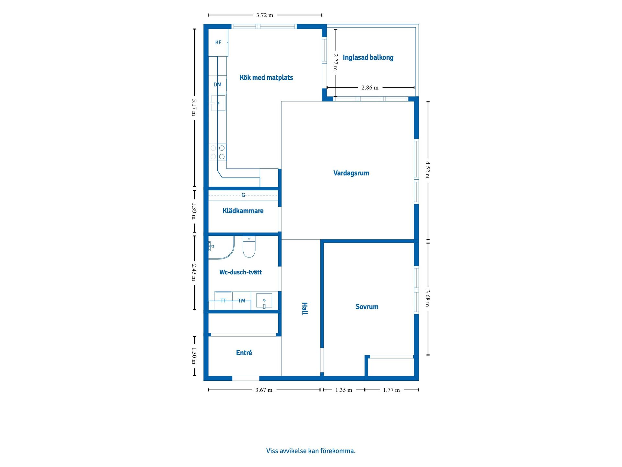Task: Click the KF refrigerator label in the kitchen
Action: coord(218,42)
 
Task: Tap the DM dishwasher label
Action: coord(217,85)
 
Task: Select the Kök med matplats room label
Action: coord(266,78)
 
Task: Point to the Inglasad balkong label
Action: coord(368,58)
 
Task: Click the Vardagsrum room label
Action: coord(351,173)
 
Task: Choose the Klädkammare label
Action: coord(243,211)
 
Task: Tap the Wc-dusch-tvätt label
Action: coord(240,272)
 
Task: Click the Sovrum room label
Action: coord(367,307)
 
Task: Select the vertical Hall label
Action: coord(305,308)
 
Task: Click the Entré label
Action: coord(244,353)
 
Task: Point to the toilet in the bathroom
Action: coord(249,247)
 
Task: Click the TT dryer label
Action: coord(223,301)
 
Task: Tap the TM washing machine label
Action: coord(242,301)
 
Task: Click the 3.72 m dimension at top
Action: coord(265,15)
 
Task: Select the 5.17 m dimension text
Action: coord(194,107)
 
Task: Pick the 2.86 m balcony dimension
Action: coord(370,88)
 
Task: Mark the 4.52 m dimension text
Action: coord(428,170)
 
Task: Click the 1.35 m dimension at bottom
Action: coord(344,390)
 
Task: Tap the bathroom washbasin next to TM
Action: coord(264,301)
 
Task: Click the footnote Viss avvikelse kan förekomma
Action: coord(311,451)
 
